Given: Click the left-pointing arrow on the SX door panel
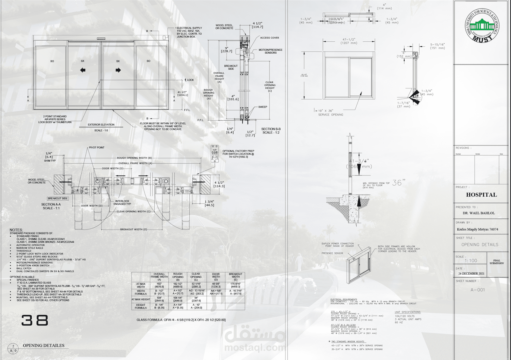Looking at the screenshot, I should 83,70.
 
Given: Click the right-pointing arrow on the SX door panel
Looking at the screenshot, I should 118,70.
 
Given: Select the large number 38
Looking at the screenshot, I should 35,320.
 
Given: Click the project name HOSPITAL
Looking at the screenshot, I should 481,195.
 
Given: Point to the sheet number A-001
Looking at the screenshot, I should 477,290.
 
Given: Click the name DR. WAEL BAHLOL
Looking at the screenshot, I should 479,213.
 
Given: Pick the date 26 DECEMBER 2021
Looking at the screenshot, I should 471,274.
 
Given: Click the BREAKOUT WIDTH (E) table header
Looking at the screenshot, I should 235,277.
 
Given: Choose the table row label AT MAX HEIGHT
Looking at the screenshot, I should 141,299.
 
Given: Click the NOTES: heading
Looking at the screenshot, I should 16,230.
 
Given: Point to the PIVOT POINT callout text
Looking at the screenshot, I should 97,148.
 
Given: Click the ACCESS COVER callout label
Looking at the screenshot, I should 269,38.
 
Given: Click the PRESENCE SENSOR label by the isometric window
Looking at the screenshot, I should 332,253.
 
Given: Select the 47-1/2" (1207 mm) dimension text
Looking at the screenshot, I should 348,41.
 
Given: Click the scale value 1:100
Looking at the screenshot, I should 471,261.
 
